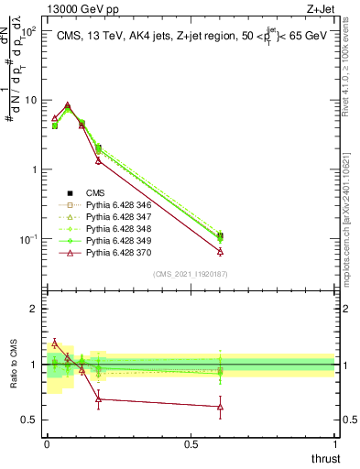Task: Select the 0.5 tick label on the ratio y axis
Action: coord(29,420)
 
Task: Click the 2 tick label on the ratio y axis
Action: coord(33,309)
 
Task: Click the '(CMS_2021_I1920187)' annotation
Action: coord(190,274)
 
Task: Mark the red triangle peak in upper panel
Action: coord(68,105)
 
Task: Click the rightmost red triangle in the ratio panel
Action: coord(220,406)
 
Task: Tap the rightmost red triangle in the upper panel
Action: coord(220,251)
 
